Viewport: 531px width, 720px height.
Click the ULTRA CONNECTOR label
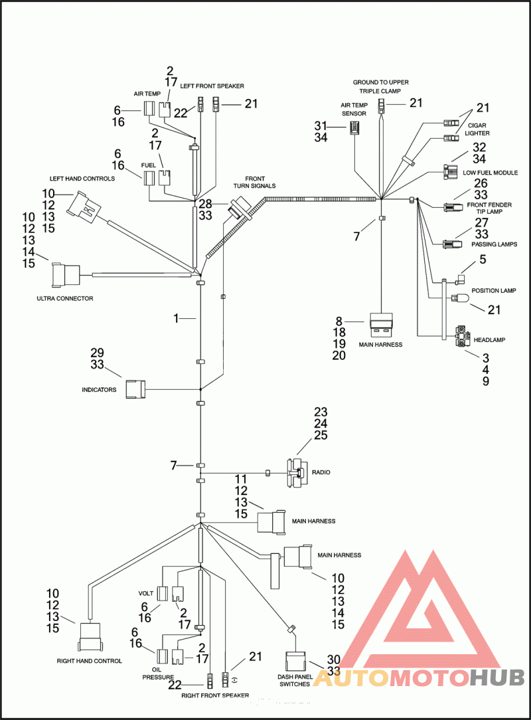coord(65,299)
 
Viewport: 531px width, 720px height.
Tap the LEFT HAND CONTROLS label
coord(82,179)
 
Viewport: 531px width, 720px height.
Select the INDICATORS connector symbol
coord(135,389)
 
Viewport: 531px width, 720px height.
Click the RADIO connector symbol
coord(295,472)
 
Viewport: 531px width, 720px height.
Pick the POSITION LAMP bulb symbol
coord(459,300)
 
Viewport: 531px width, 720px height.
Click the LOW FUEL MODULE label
coord(490,173)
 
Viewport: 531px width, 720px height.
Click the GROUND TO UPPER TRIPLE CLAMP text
coord(380,86)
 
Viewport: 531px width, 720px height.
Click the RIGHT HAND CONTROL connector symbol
coord(90,637)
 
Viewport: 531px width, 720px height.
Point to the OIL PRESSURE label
coord(158,674)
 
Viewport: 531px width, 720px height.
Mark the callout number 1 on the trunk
coord(177,319)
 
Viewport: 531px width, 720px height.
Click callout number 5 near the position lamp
coord(483,260)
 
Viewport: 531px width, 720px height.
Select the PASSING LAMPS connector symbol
coord(451,243)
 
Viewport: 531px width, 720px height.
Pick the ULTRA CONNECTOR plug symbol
coord(65,273)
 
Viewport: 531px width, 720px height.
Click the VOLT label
coord(146,575)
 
